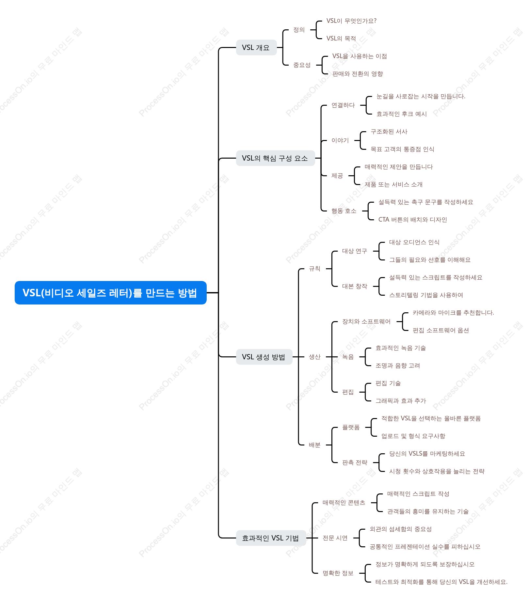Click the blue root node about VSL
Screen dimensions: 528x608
pos(111,293)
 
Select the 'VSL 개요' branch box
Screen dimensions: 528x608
pos(256,48)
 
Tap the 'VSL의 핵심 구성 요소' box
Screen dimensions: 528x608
pos(275,158)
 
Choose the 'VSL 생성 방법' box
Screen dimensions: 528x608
pos(264,357)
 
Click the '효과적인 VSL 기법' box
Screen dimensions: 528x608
pos(271,538)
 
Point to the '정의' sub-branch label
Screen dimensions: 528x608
pos(299,30)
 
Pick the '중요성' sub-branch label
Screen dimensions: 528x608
pos(302,65)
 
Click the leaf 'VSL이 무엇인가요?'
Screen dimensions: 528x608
pos(351,21)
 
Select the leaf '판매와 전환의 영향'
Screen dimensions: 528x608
pos(358,74)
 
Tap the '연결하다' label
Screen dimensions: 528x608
pos(343,105)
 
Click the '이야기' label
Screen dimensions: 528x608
pos(340,141)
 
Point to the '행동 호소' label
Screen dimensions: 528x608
pos(344,211)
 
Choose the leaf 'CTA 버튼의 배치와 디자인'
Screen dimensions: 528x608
pos(412,220)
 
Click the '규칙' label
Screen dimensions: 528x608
pos(314,269)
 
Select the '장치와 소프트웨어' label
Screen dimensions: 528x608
pos(366,322)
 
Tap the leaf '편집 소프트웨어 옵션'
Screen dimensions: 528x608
pos(441,331)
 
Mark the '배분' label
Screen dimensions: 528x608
pos(314,445)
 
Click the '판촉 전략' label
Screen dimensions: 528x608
pos(355,463)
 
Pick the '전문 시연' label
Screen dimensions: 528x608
pos(335,538)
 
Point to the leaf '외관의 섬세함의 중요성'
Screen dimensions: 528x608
pos(401,529)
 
